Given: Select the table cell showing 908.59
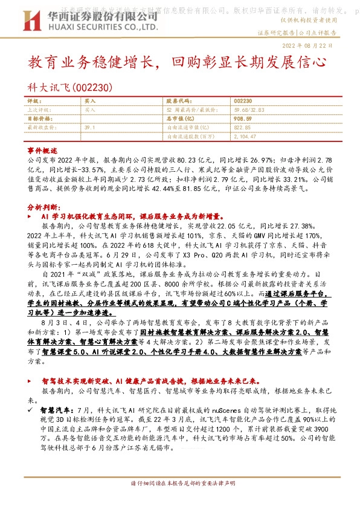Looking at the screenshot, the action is (243, 119).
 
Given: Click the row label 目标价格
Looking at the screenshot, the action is (39, 119).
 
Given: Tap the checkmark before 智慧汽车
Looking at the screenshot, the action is (31, 410).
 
